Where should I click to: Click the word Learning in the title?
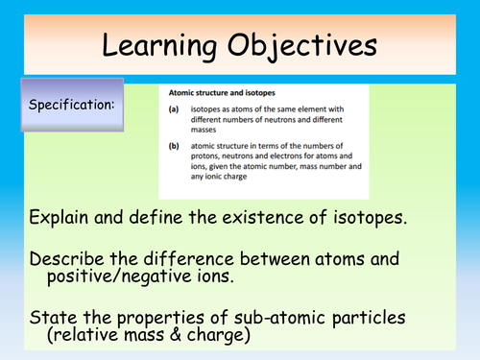point(165,45)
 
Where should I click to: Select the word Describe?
point(70,259)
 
